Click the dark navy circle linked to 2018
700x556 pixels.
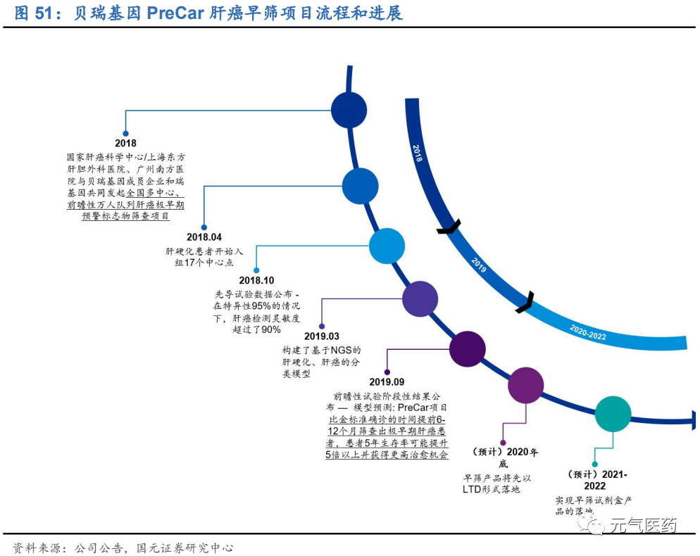click(349, 110)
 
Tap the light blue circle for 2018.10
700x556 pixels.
click(387, 246)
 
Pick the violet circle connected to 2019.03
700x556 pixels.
click(420, 298)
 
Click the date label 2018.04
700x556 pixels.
click(204, 237)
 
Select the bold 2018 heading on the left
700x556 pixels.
click(125, 144)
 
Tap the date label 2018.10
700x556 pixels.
click(256, 280)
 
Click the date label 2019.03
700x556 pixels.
click(322, 336)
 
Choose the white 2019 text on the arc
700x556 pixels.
click(479, 265)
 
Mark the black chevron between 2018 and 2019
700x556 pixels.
click(449, 227)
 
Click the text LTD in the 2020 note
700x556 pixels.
click(472, 489)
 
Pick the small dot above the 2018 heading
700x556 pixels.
click(125, 133)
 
